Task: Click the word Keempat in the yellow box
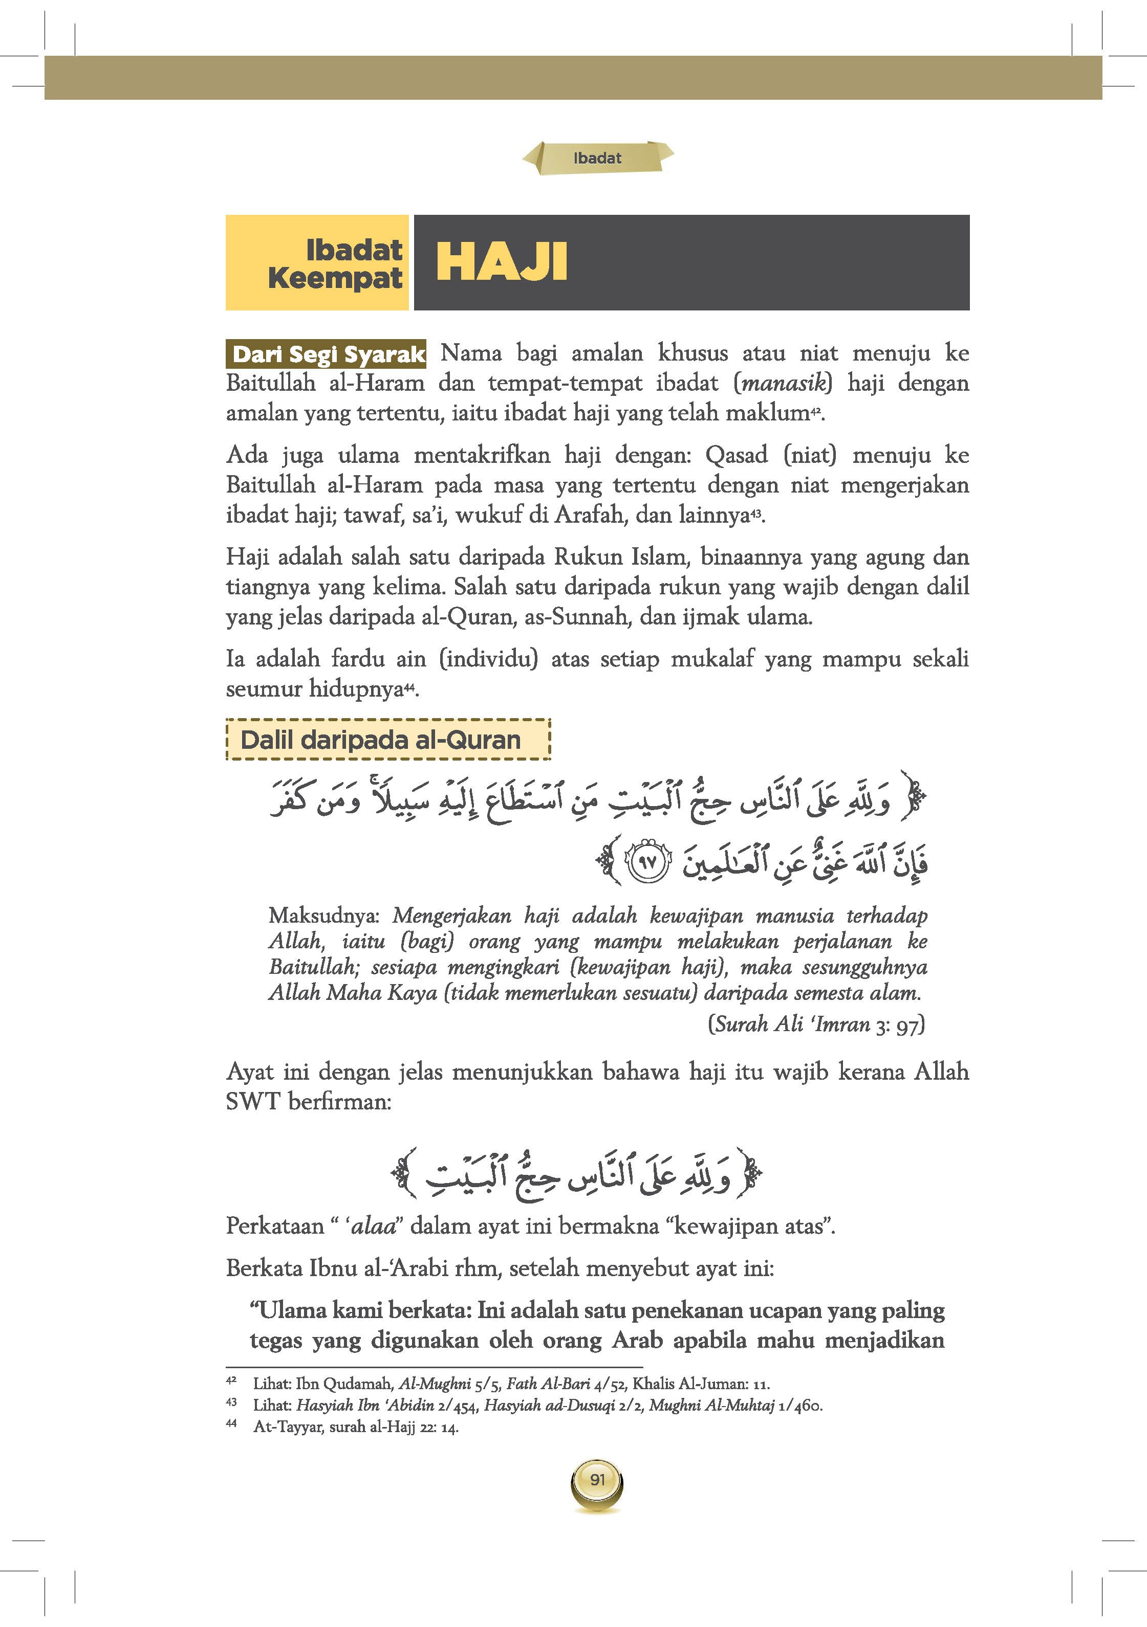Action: (335, 278)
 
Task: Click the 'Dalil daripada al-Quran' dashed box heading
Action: (381, 740)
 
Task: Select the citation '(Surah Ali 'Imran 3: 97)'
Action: (816, 1024)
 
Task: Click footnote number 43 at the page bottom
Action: (231, 1401)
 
